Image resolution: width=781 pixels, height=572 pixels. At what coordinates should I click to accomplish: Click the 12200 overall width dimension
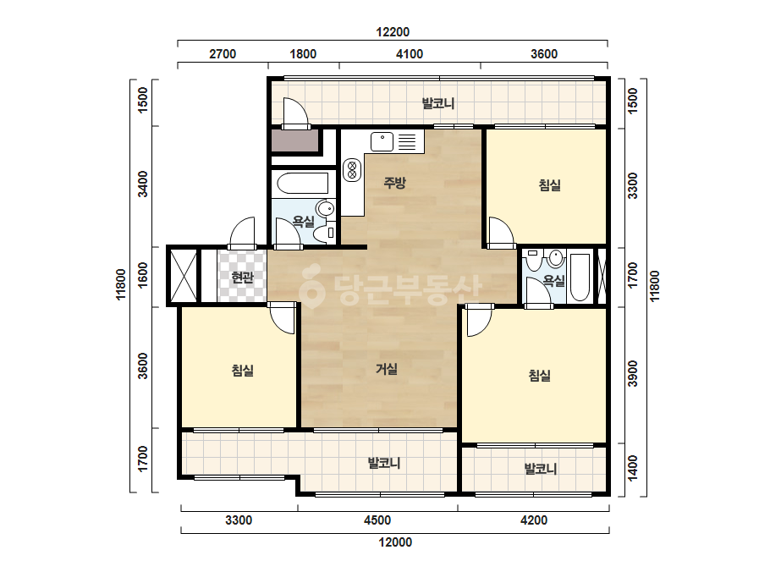(393, 32)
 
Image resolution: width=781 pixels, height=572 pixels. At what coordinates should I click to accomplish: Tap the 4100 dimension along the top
(410, 54)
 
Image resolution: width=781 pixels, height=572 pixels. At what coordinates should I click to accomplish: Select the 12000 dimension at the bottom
(395, 542)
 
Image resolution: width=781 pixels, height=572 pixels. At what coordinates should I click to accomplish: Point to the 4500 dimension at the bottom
(377, 520)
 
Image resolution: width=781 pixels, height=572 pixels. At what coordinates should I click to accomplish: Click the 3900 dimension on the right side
(633, 374)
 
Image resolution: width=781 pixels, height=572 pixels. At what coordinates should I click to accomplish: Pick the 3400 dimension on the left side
(143, 184)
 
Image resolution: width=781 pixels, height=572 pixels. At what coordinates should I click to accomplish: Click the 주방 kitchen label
(394, 183)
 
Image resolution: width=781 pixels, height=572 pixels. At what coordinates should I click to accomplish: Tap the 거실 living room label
(387, 369)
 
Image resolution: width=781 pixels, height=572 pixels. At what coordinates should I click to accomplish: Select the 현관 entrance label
(243, 278)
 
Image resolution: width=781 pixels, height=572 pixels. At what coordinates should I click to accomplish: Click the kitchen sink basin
(382, 141)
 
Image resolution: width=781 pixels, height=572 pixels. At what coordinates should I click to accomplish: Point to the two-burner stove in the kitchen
(352, 169)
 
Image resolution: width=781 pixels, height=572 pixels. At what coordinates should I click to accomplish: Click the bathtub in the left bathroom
(302, 184)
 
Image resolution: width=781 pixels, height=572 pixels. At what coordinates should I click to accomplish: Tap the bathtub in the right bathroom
(580, 278)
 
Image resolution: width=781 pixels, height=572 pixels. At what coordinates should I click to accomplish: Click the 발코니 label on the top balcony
(438, 103)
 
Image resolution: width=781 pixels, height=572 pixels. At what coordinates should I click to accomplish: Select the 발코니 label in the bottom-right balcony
(541, 469)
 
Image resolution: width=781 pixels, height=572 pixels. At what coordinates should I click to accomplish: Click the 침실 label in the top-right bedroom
(550, 185)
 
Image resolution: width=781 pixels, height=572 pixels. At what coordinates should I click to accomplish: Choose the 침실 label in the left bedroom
(243, 371)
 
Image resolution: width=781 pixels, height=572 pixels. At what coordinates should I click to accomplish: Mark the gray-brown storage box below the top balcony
(294, 140)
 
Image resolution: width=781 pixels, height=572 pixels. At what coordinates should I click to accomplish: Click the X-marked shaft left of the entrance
(184, 276)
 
